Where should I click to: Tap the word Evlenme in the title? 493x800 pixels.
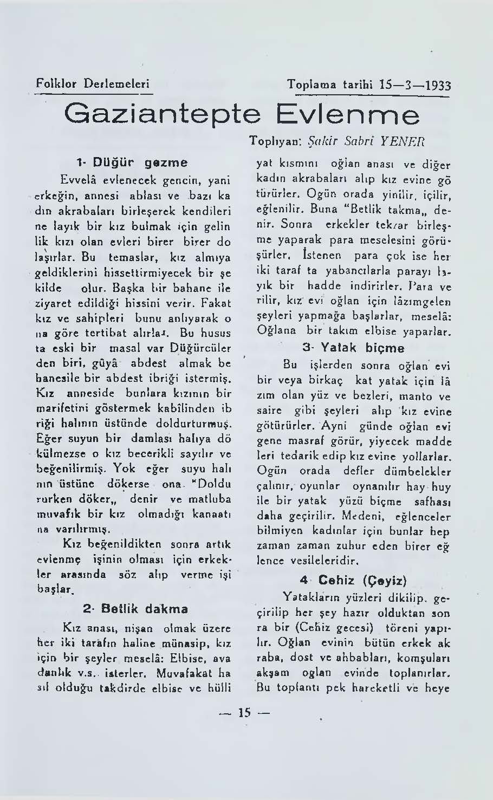coord(347,116)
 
